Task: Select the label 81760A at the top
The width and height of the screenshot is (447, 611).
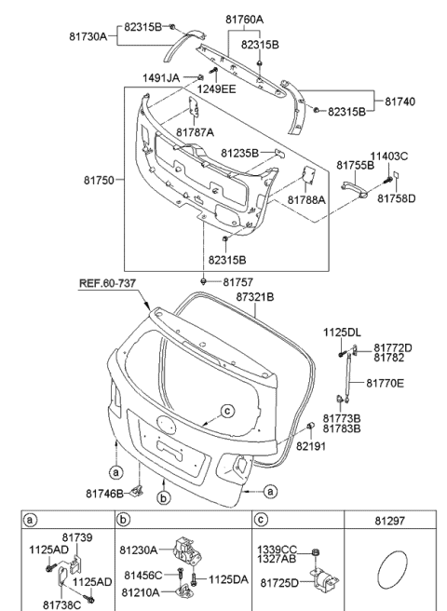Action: pos(244,19)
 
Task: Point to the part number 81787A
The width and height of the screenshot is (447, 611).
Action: pos(194,132)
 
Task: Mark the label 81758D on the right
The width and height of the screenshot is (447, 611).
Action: pos(396,198)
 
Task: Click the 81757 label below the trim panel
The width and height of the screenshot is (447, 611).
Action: pos(237,282)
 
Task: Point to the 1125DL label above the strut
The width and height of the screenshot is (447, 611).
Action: pos(341,332)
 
